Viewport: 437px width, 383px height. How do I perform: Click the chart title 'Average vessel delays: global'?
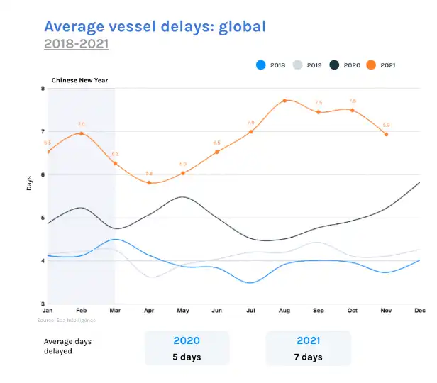point(155,26)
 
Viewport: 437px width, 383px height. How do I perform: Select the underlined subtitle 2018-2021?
point(76,44)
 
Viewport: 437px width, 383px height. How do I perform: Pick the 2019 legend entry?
point(306,65)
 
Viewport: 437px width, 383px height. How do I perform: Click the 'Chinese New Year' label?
point(79,80)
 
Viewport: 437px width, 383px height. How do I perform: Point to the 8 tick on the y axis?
point(43,89)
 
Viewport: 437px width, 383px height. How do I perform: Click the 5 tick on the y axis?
point(43,218)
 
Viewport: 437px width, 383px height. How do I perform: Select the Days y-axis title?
point(29,183)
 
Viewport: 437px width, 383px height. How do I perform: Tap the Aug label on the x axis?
point(284,311)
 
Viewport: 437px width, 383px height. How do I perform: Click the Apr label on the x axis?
point(149,311)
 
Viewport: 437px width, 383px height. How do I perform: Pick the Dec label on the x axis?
point(420,311)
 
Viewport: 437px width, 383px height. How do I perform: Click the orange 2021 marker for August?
point(284,101)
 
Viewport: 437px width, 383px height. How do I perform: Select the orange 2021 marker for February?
point(82,133)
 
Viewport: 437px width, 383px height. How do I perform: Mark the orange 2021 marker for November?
point(386,134)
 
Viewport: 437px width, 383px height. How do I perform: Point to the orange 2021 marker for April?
point(149,183)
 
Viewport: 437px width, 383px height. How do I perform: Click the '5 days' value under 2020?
point(187,356)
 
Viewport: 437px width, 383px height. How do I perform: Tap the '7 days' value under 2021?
point(308,356)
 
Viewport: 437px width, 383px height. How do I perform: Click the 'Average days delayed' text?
point(68,346)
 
